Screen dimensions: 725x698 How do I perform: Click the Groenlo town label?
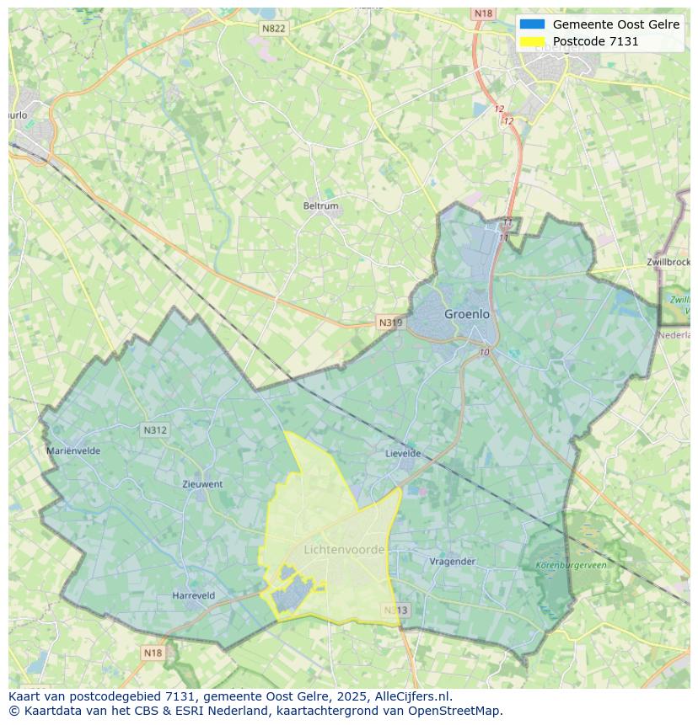coord(466,314)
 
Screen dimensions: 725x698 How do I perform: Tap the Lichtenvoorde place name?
coord(344,550)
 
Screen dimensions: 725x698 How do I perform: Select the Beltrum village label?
coord(320,206)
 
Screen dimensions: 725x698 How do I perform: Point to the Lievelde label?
coord(403,453)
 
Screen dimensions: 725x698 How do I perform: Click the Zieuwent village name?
coord(202,484)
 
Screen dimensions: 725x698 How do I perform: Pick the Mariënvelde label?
coord(73,450)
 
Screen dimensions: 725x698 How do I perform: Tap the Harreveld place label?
coord(193,595)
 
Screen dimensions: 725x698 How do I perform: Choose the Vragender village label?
coord(453,562)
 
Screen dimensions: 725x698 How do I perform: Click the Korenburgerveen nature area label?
coord(571,566)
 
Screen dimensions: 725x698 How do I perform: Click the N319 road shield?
coord(390,323)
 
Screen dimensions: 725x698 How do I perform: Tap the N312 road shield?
coord(155,430)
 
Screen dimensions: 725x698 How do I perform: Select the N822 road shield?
coord(273,29)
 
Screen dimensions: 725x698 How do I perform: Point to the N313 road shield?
coord(395,610)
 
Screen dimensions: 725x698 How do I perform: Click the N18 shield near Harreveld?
coord(153,653)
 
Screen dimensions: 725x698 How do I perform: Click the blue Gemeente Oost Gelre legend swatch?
coord(533,24)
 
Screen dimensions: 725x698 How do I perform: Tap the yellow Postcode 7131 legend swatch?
coord(533,41)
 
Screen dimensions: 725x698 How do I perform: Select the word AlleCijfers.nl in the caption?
coord(411,696)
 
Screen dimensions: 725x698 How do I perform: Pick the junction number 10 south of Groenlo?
coord(484,352)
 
